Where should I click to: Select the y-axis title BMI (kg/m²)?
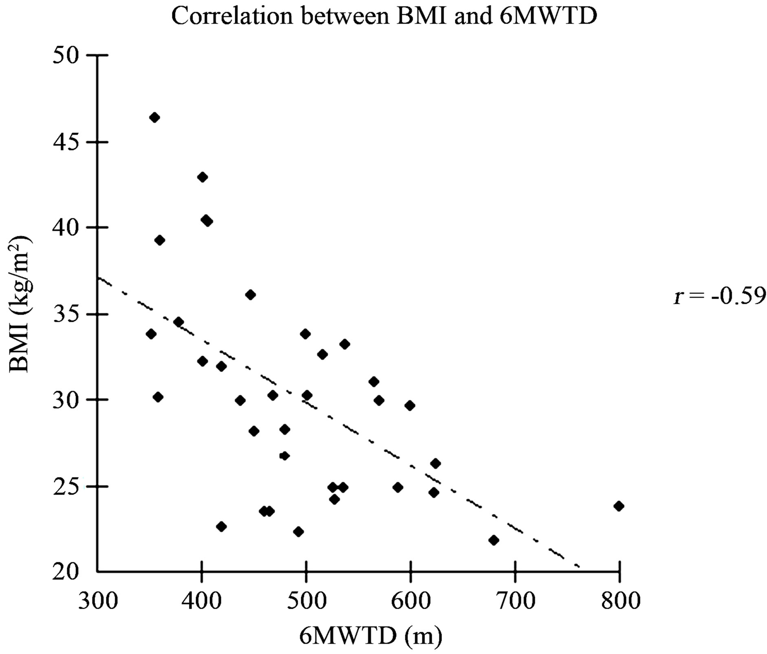click(x=20, y=304)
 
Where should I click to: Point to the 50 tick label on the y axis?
click(x=65, y=56)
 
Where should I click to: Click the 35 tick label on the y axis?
click(x=65, y=315)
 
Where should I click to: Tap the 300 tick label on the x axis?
click(x=98, y=601)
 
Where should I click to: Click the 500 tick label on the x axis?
click(x=306, y=601)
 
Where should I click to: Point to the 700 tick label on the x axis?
click(x=515, y=601)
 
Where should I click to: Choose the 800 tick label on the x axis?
click(x=619, y=601)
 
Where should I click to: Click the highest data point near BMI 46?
click(x=154, y=117)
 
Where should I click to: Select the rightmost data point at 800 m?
click(x=619, y=506)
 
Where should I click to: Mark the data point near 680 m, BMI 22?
click(x=494, y=540)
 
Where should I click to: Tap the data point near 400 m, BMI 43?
click(x=203, y=177)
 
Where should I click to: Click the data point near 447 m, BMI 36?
click(x=251, y=295)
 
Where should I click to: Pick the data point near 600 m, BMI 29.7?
click(x=410, y=405)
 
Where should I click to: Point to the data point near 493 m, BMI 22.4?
click(x=298, y=532)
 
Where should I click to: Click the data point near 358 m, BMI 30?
click(x=158, y=397)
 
